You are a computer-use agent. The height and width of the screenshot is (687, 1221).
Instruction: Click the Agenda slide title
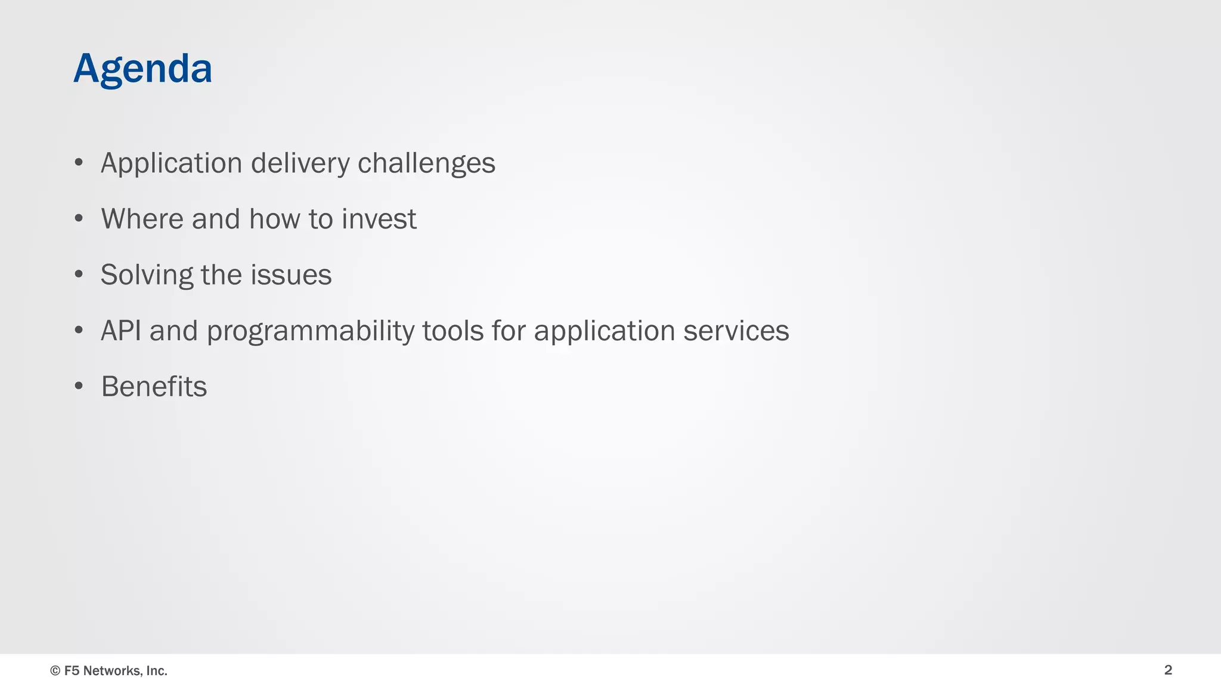click(142, 69)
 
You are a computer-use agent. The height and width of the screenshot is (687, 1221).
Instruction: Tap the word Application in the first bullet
click(171, 163)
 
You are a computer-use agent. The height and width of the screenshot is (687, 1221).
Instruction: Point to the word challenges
click(426, 163)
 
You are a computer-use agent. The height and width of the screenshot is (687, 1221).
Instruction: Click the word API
click(121, 331)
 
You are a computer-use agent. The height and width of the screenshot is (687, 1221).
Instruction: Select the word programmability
click(311, 332)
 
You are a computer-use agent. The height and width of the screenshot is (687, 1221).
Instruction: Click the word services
click(736, 331)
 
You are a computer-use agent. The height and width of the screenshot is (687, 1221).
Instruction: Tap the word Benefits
click(154, 386)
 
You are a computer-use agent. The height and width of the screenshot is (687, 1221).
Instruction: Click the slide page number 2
click(1168, 670)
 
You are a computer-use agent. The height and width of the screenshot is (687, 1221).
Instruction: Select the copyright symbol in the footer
click(55, 671)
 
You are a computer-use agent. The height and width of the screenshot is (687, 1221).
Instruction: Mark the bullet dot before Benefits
click(79, 386)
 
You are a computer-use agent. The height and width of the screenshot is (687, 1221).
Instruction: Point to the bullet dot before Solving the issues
click(79, 275)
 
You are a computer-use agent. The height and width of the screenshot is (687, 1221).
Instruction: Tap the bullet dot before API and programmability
click(79, 331)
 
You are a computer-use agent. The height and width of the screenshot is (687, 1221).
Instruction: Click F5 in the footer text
click(72, 671)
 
